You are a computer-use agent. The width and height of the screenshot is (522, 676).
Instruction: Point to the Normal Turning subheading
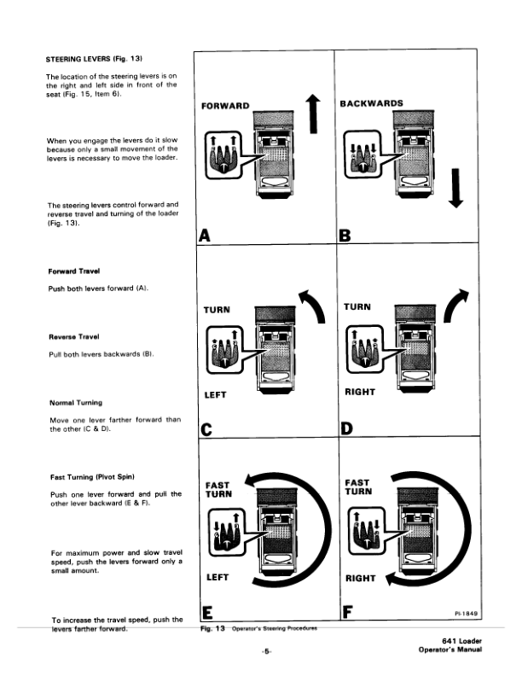[x=75, y=402]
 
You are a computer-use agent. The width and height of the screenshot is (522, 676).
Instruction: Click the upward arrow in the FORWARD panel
[x=313, y=114]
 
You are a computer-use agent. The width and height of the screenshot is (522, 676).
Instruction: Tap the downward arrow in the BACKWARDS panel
[x=456, y=187]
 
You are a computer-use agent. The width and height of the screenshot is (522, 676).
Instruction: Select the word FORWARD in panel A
[x=224, y=107]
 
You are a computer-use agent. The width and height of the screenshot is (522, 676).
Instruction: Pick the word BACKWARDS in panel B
[x=372, y=104]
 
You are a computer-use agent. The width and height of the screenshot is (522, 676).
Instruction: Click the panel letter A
[x=205, y=235]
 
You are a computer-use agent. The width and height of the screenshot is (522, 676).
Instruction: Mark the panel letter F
[x=346, y=611]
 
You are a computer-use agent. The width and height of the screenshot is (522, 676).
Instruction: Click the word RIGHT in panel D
[x=360, y=392]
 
